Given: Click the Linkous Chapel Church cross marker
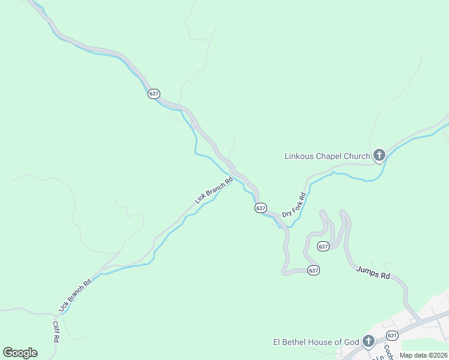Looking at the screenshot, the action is tap(379, 156).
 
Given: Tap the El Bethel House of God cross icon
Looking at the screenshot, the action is tap(369, 342).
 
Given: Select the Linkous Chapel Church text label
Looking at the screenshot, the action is tap(327, 157).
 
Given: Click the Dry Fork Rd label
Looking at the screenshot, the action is tap(294, 205).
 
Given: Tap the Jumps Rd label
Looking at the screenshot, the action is tap(373, 272).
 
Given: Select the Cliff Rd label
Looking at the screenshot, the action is tap(56, 331).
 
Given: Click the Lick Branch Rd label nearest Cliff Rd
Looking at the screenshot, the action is tap(75, 295).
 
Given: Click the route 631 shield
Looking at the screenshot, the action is tap(393, 335).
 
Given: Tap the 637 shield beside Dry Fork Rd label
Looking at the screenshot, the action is tap(260, 208).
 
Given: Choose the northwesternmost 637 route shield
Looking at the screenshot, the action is tap(154, 94).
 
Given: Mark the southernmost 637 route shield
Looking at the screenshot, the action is tap(313, 271).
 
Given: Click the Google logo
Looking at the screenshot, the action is tap(20, 353).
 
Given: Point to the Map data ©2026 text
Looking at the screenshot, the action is tap(423, 355).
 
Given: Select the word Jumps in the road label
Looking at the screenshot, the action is tap(367, 271).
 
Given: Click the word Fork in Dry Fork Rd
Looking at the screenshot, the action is tap(295, 203).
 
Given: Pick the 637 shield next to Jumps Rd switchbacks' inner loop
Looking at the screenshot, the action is tap(323, 247).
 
